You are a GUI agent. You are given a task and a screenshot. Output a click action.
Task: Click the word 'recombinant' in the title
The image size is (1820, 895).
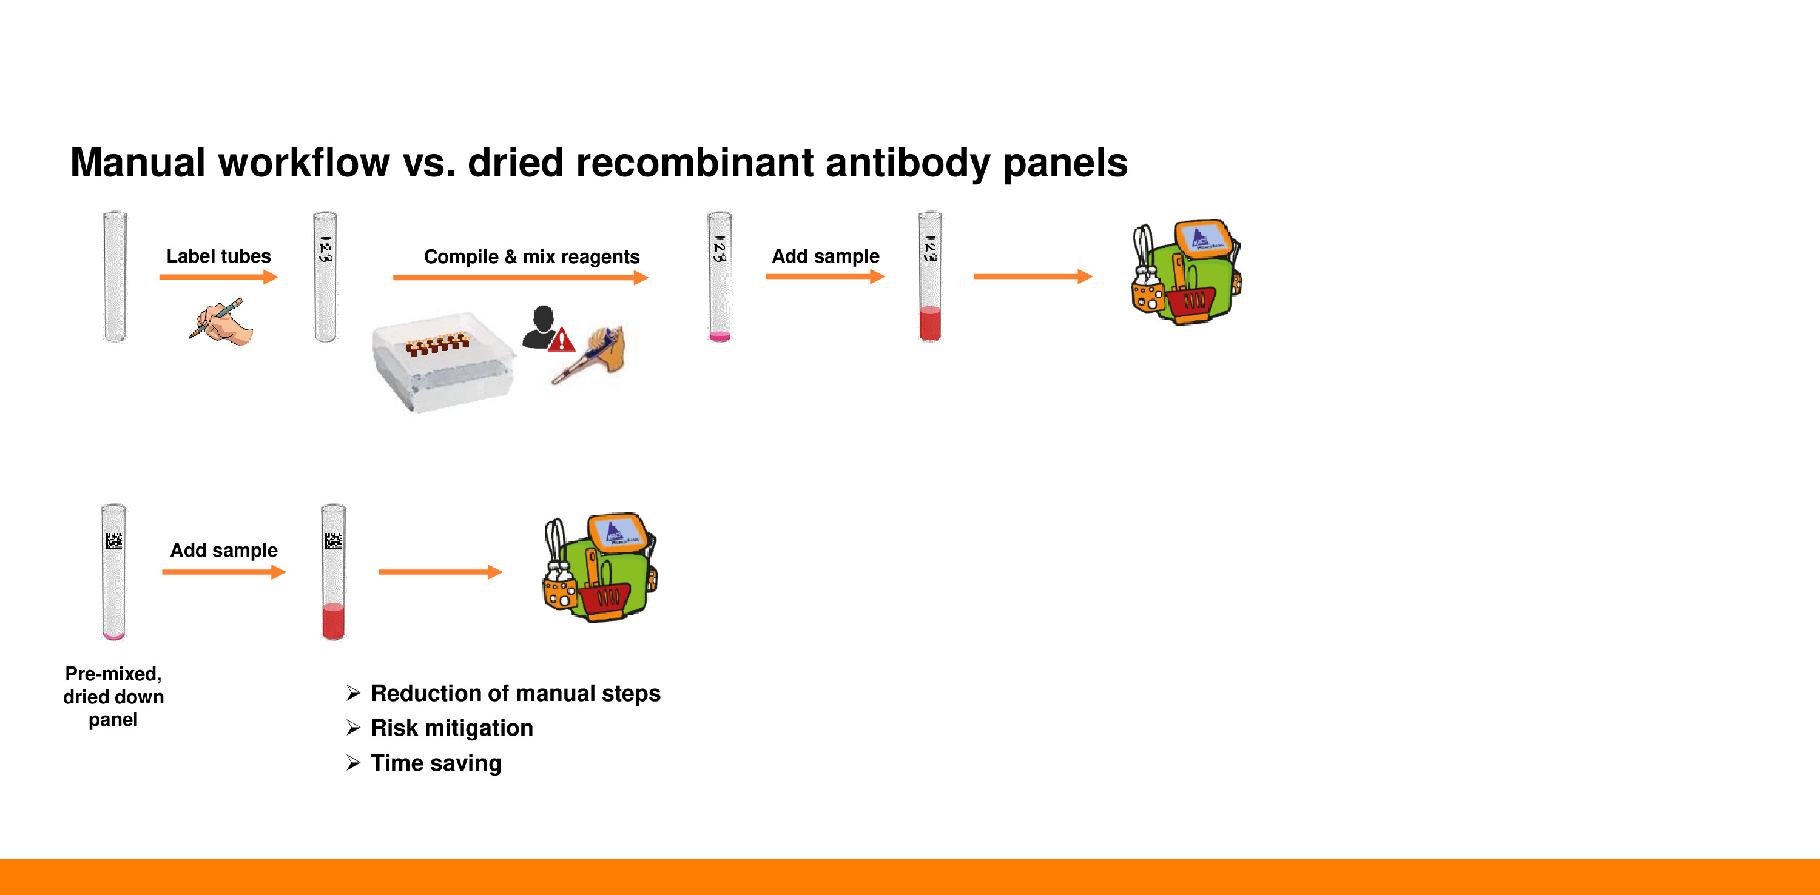pyautogui.click(x=695, y=163)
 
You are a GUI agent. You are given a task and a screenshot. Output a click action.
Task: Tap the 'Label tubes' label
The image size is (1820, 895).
pyautogui.click(x=218, y=256)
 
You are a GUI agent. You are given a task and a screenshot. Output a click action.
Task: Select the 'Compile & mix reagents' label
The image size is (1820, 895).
pyautogui.click(x=531, y=256)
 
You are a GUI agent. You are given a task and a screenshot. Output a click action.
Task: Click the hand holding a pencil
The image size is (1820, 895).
pyautogui.click(x=220, y=321)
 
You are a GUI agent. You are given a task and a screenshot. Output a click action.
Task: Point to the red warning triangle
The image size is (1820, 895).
pyautogui.click(x=562, y=340)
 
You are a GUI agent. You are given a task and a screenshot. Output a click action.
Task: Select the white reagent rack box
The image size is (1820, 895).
pyautogui.click(x=443, y=361)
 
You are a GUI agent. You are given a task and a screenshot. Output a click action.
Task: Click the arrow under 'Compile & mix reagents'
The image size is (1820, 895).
pyautogui.click(x=521, y=278)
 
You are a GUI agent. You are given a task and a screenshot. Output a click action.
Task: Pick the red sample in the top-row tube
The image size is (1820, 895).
pyautogui.click(x=930, y=324)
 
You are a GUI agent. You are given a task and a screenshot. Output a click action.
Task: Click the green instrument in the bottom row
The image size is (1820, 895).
pyautogui.click(x=601, y=568)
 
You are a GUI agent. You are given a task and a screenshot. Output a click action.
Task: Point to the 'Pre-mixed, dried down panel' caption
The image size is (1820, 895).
pyautogui.click(x=113, y=697)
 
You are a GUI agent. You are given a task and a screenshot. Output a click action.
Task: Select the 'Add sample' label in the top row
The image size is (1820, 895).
pyautogui.click(x=825, y=256)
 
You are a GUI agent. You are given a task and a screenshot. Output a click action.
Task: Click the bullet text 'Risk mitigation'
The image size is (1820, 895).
pyautogui.click(x=451, y=728)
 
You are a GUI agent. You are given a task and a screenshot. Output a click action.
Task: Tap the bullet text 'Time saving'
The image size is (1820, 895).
pyautogui.click(x=436, y=763)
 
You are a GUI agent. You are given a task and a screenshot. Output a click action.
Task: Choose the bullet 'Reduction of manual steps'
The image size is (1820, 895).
pyautogui.click(x=515, y=693)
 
